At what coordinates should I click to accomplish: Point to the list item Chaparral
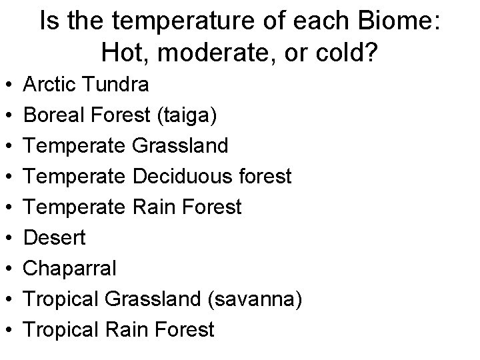[69, 269]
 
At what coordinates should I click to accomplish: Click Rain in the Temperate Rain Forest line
[158, 207]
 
